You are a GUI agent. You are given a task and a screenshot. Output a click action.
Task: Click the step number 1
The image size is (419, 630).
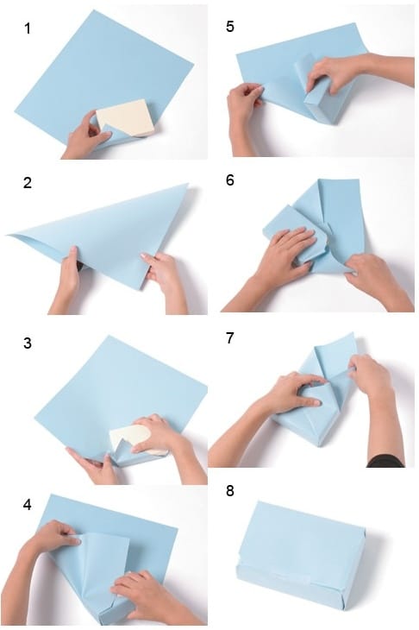pyautogui.click(x=27, y=28)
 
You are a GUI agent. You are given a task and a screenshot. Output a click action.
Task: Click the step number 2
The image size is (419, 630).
pyautogui.click(x=27, y=183)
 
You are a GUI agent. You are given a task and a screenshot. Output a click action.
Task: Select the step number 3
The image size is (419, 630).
pyautogui.click(x=27, y=343)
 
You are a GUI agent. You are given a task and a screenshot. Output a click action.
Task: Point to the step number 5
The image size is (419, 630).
pyautogui.click(x=228, y=27)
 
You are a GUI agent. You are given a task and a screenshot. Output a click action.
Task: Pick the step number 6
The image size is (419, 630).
pyautogui.click(x=228, y=183)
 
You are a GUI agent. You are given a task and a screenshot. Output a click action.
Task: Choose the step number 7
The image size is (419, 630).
pyautogui.click(x=229, y=337)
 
